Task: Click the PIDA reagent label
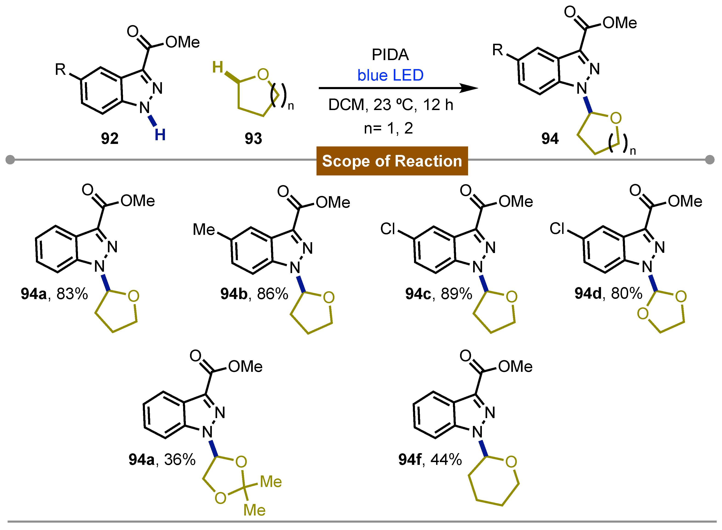click(x=390, y=55)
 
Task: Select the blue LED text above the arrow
click(x=390, y=75)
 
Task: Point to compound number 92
click(x=109, y=139)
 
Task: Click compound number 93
click(x=253, y=139)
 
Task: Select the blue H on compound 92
click(x=160, y=135)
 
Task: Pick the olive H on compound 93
click(x=218, y=67)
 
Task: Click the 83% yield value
click(x=72, y=294)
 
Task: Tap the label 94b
click(x=234, y=294)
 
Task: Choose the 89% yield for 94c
click(x=456, y=294)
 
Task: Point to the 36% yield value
click(x=180, y=460)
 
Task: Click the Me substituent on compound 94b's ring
click(x=204, y=230)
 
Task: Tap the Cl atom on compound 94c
click(x=388, y=229)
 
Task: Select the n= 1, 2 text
click(x=388, y=128)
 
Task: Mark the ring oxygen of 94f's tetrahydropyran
click(x=511, y=462)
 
